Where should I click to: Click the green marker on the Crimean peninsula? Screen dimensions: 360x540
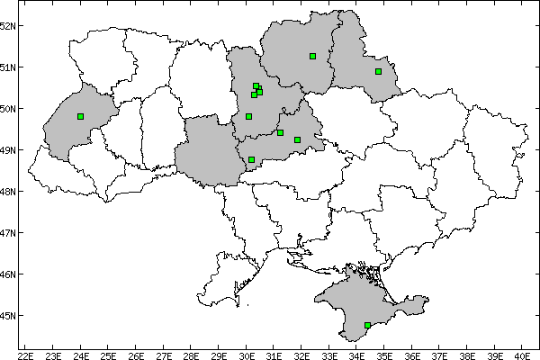[367, 325]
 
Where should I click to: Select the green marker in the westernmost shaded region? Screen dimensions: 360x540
[81, 116]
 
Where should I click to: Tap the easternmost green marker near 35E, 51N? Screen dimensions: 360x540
[378, 71]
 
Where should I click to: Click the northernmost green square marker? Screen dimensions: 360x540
[312, 56]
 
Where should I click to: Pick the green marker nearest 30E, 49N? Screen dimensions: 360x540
[251, 159]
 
